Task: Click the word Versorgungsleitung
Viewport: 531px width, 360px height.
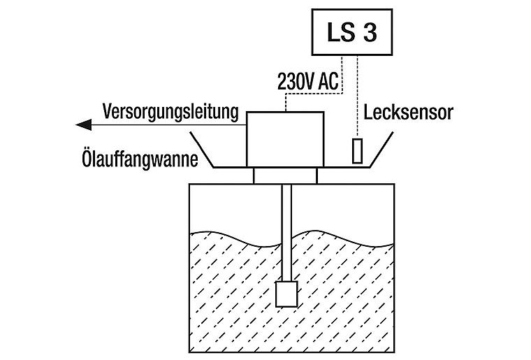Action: pyautogui.click(x=171, y=111)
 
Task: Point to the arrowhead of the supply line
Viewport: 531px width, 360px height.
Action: pyautogui.click(x=82, y=125)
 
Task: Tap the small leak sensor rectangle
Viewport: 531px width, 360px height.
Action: pyautogui.click(x=358, y=151)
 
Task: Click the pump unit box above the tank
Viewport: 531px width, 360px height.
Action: pyautogui.click(x=285, y=138)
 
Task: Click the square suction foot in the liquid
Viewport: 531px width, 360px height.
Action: pyautogui.click(x=286, y=294)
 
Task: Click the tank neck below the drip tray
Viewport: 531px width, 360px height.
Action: pyautogui.click(x=285, y=175)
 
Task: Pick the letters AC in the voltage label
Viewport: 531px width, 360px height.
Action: pyautogui.click(x=327, y=82)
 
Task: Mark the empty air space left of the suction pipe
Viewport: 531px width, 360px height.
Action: pyautogui.click(x=231, y=206)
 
